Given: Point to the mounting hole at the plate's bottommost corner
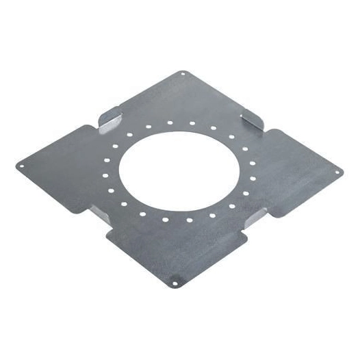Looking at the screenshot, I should click(x=177, y=280).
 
